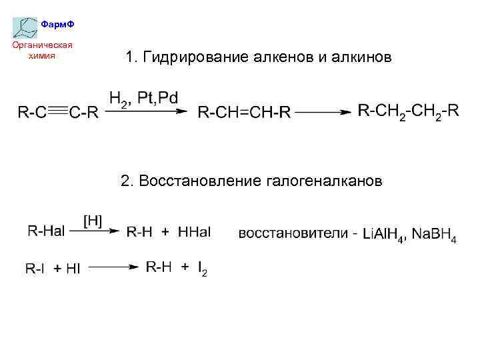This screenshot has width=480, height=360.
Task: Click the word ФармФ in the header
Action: click(57, 25)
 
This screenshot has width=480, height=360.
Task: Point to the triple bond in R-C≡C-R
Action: click(58, 112)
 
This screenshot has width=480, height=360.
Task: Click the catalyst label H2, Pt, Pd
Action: click(143, 99)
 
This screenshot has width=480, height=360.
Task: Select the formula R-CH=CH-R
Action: click(244, 113)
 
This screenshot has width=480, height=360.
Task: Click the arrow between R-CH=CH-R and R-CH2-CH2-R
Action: click(323, 112)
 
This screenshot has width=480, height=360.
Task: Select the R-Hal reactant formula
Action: click(46, 231)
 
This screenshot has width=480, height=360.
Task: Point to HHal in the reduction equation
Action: click(194, 232)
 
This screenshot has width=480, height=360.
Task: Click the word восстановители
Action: click(293, 233)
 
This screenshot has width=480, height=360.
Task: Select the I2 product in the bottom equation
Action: click(202, 268)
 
